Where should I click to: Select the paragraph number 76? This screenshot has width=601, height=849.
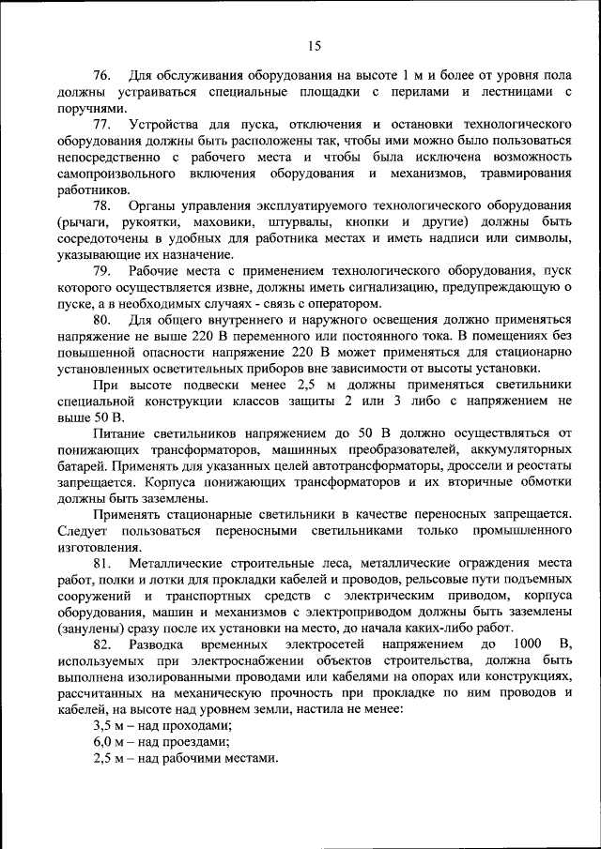pos(102,75)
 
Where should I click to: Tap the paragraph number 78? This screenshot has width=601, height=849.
pos(102,205)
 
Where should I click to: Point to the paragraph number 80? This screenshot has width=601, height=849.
pos(102,320)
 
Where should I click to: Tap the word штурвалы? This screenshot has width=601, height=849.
pos(312,222)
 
